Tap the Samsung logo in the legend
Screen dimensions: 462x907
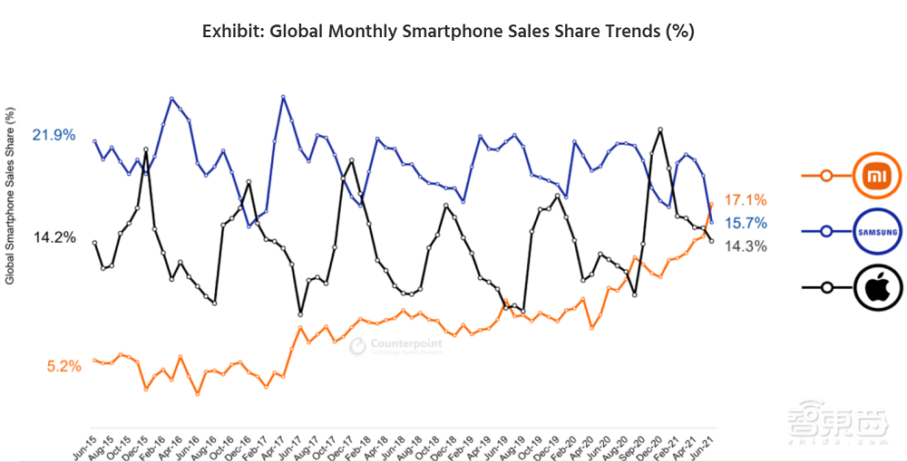pyautogui.click(x=877, y=232)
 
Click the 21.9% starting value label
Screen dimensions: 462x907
pyautogui.click(x=54, y=135)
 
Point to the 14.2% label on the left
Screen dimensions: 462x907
pyautogui.click(x=54, y=237)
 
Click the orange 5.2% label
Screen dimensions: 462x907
pyautogui.click(x=64, y=367)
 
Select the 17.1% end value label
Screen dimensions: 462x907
pyautogui.click(x=746, y=199)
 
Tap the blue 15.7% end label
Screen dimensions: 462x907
pyautogui.click(x=746, y=223)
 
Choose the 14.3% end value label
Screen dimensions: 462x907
pyautogui.click(x=746, y=245)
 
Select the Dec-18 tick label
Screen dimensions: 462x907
pyautogui.click(x=444, y=441)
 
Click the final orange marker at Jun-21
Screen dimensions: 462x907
pyautogui.click(x=711, y=205)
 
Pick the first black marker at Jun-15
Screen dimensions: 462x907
pyautogui.click(x=94, y=243)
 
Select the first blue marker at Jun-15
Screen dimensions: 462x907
pyautogui.click(x=94, y=141)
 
